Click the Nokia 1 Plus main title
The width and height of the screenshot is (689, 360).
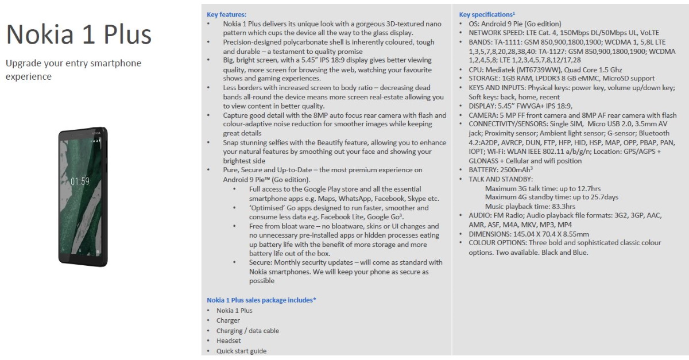click(x=79, y=35)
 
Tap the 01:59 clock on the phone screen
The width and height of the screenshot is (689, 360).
click(x=80, y=181)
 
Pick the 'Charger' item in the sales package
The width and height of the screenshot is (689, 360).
click(x=228, y=320)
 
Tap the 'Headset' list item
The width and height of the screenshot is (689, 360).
click(x=229, y=340)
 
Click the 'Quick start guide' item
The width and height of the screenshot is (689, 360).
click(x=241, y=351)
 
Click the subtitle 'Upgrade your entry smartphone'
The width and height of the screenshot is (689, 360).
click(x=73, y=63)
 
